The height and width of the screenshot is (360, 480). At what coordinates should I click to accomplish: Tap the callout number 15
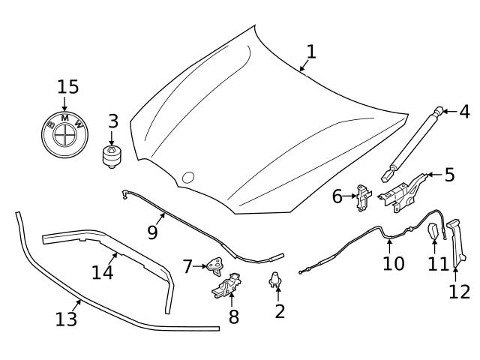tap(67, 86)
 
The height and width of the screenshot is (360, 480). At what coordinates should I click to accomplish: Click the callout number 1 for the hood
tap(310, 52)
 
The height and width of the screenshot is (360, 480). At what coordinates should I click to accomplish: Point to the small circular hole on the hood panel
tap(187, 178)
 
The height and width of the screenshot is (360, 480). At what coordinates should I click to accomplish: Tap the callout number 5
tap(449, 175)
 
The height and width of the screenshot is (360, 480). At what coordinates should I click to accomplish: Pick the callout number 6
tap(337, 197)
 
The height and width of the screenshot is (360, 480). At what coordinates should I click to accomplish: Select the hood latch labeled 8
tap(227, 286)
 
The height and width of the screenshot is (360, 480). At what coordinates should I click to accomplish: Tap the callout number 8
tap(234, 317)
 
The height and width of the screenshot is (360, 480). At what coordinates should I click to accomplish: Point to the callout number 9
tap(152, 232)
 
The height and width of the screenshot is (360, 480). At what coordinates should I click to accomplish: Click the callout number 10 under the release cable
tap(393, 263)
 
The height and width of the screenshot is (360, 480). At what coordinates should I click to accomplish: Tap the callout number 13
tap(66, 319)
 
